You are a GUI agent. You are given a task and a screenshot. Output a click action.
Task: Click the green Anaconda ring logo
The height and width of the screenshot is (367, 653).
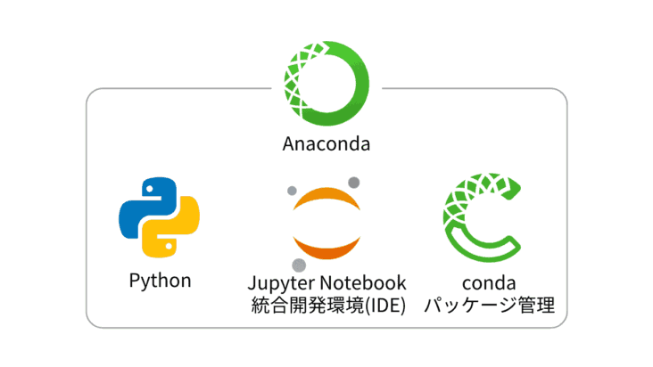[x=326, y=79]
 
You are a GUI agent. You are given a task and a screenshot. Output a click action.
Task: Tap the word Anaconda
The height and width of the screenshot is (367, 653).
[x=326, y=143]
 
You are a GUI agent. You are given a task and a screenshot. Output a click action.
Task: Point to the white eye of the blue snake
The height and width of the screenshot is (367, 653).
[x=145, y=188]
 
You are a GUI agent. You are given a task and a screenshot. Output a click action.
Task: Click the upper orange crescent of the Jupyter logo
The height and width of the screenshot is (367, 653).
[x=326, y=200]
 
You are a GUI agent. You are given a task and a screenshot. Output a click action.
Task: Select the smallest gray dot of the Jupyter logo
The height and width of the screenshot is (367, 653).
[x=290, y=191]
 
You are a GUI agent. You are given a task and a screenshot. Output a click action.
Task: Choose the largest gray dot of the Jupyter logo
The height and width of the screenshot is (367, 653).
[x=299, y=265]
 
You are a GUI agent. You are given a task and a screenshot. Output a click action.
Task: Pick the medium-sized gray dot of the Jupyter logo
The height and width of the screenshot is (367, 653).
[x=354, y=182]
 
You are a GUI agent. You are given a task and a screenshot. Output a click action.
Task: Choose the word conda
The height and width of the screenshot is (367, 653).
[x=488, y=282]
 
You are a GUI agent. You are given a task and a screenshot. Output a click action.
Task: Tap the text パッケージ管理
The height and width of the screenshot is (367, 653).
[x=488, y=306]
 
